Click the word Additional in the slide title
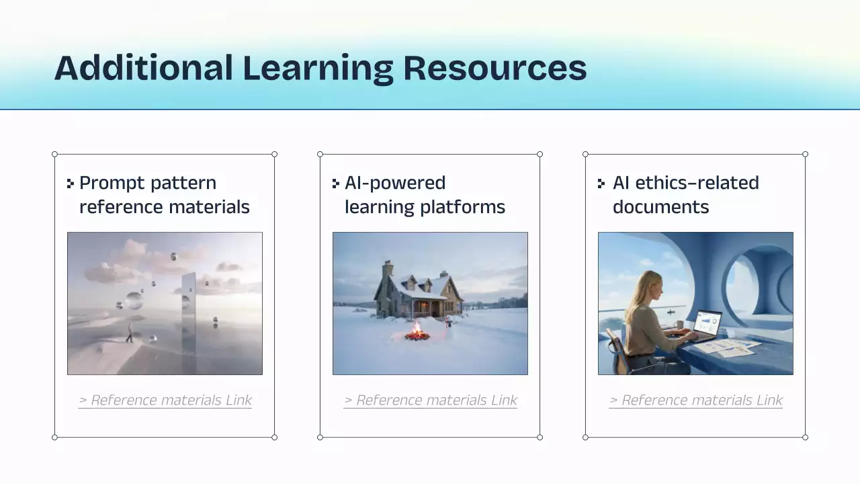[143, 68]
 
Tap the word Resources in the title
[494, 68]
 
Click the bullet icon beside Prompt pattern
[71, 183]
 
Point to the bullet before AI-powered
[336, 183]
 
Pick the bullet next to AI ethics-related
[601, 183]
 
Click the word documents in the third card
[660, 207]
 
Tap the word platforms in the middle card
[463, 207]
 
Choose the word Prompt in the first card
[114, 183]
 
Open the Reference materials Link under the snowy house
[431, 401]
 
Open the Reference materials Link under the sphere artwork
[165, 401]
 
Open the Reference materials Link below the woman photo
[696, 401]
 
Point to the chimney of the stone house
[388, 270]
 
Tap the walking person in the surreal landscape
[130, 332]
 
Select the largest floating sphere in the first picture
[134, 300]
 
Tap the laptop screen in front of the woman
[707, 324]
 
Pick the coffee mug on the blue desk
[679, 325]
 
